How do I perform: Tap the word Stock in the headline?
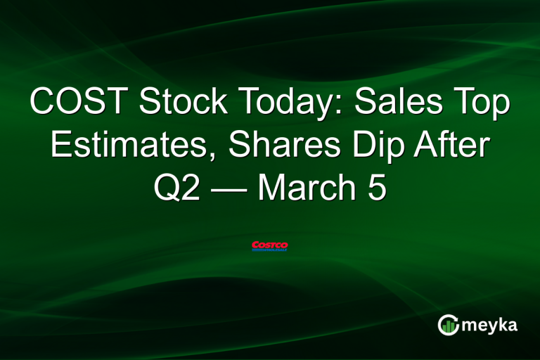coord(181,104)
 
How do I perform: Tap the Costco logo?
coord(270,246)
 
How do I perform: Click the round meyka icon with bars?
coord(448,325)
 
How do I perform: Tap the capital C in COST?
coord(44,104)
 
